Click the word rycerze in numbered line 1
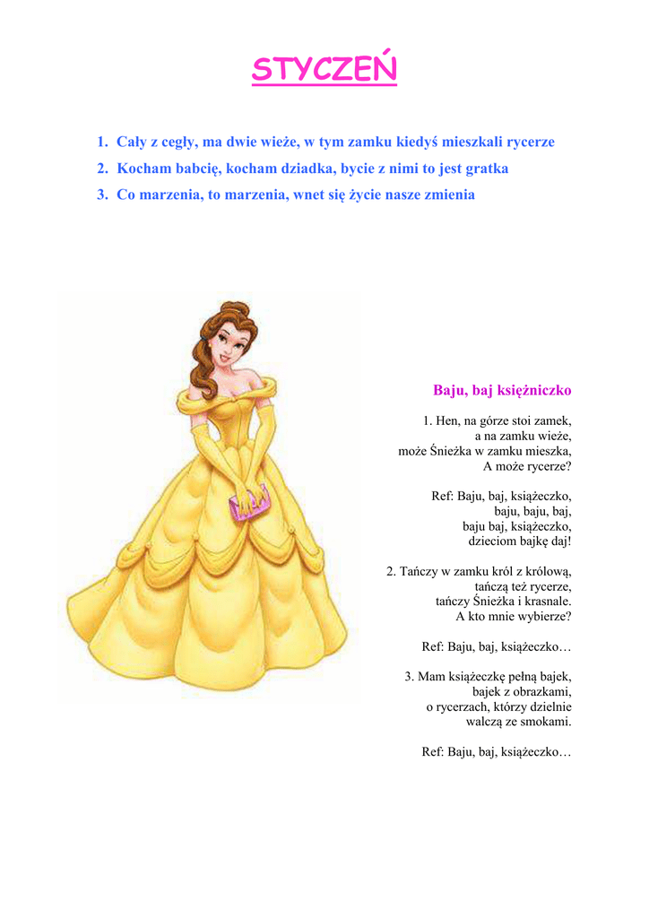[531, 142]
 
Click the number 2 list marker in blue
[102, 169]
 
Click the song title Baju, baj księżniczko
[502, 391]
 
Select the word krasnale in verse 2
[548, 602]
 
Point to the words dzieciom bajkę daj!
[520, 541]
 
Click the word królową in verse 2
[547, 571]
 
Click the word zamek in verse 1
[553, 420]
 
